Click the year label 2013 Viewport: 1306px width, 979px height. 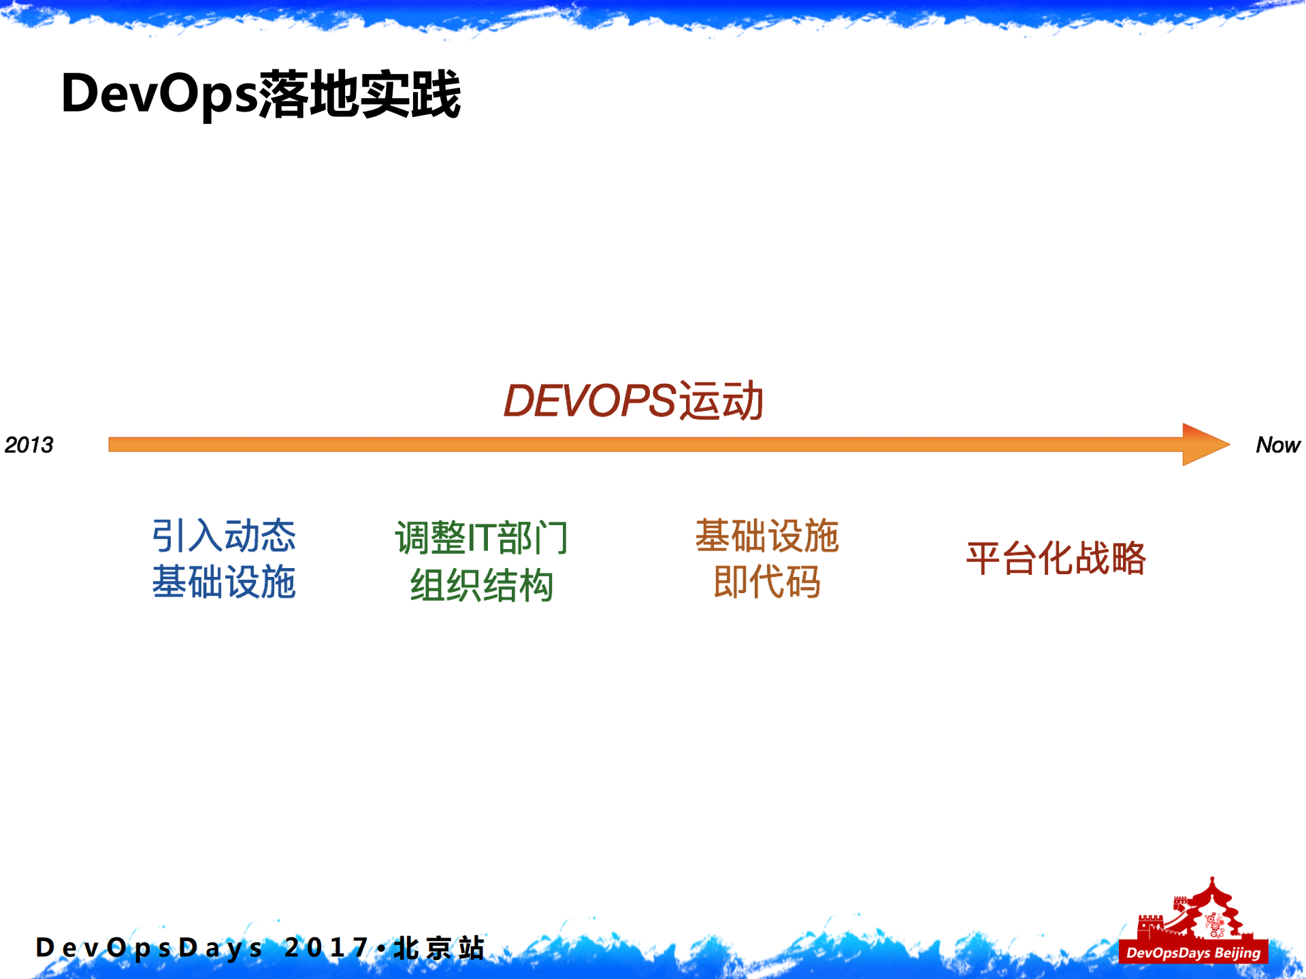(x=29, y=445)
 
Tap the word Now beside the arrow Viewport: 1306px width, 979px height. (x=1277, y=445)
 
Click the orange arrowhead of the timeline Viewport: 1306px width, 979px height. (x=1205, y=444)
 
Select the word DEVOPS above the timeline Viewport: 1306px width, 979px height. (x=589, y=400)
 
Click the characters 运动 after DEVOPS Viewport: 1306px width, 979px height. (x=721, y=400)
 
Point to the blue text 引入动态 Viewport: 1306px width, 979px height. (x=223, y=535)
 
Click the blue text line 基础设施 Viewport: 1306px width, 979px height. (x=223, y=582)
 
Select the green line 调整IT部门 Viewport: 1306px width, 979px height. (x=481, y=537)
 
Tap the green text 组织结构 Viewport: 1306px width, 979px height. (x=481, y=585)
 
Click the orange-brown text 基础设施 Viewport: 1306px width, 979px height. (x=767, y=535)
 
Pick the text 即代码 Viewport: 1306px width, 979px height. (x=767, y=582)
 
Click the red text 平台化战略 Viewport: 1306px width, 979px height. (x=1056, y=559)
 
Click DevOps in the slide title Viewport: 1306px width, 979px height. (x=159, y=94)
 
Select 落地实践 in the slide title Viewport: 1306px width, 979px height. (x=359, y=94)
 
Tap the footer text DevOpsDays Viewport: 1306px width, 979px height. (x=148, y=948)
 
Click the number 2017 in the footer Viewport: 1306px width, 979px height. (x=327, y=947)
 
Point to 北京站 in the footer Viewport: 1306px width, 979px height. (x=439, y=948)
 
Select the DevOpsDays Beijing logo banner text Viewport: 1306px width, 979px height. (x=1193, y=952)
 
